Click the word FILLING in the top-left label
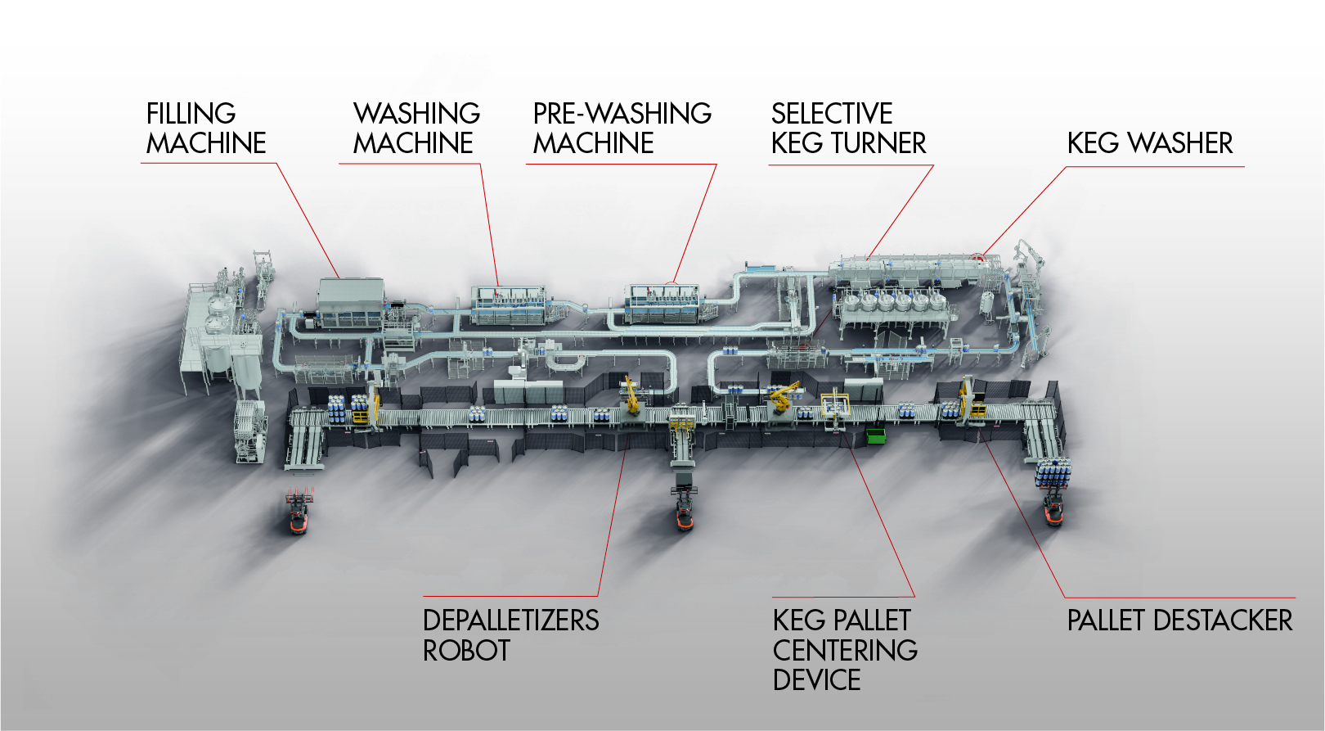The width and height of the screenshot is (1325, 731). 191,113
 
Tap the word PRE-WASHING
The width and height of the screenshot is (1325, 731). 622,113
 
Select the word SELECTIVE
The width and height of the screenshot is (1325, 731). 832,113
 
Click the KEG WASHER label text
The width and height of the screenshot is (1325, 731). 1149,143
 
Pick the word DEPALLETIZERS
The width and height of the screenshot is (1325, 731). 510,620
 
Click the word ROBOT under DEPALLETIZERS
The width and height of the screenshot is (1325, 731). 466,651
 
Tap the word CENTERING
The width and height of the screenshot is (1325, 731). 845,651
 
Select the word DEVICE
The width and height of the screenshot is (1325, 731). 816,680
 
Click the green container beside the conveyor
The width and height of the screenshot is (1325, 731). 876,435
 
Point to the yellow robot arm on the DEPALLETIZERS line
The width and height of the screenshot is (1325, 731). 631,394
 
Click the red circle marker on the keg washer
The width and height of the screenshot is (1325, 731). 978,258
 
